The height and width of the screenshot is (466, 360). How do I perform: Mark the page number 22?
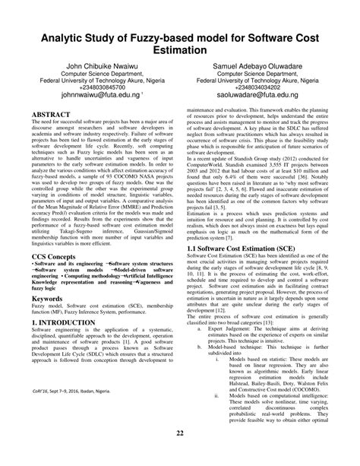pyautogui.click(x=180, y=455)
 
